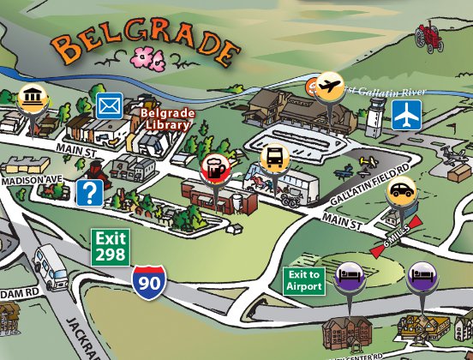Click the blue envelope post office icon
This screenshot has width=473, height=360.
pyautogui.click(x=108, y=106)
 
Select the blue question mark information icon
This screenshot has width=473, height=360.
pyautogui.click(x=88, y=192)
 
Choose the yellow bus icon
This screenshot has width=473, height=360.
pyautogui.click(x=273, y=158)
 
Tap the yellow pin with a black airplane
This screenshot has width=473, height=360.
pyautogui.click(x=328, y=85)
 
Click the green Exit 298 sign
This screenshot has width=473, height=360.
pyautogui.click(x=111, y=246)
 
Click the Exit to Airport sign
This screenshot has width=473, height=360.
pyautogui.click(x=304, y=280)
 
